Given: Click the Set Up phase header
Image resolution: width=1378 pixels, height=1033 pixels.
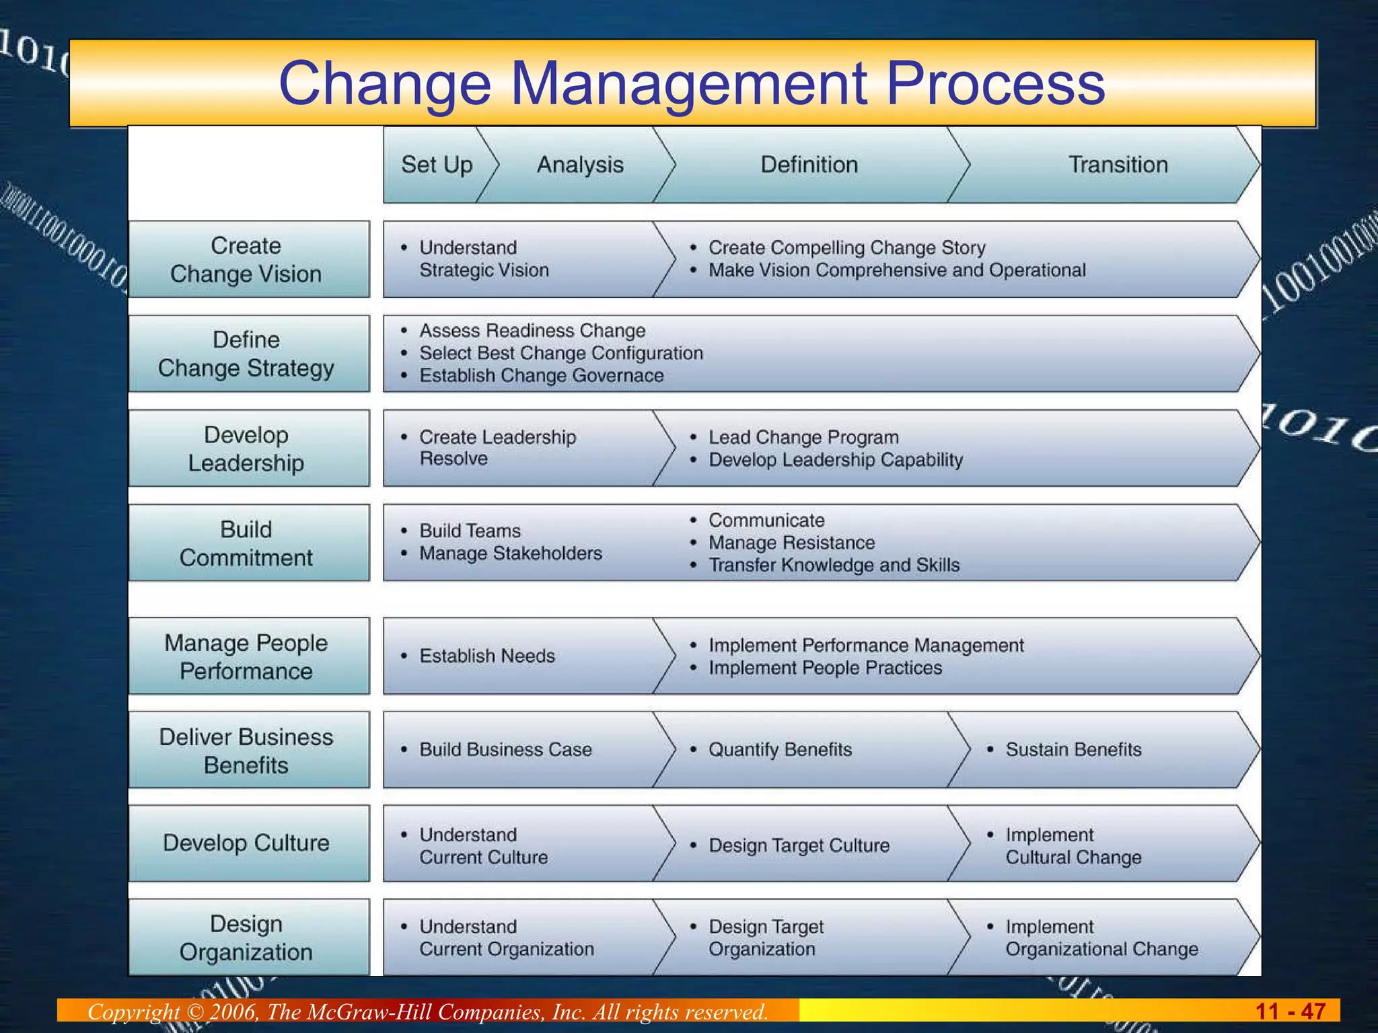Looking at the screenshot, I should click(437, 165).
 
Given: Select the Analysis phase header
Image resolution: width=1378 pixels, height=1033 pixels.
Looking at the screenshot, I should click(580, 165).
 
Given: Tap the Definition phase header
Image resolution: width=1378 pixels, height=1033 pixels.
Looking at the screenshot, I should click(809, 165).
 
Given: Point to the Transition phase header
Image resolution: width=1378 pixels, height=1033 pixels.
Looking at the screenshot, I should click(1118, 165).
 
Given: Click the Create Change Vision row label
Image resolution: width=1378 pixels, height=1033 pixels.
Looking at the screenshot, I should click(246, 260).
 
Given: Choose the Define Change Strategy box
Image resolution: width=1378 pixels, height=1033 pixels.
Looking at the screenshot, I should click(246, 354).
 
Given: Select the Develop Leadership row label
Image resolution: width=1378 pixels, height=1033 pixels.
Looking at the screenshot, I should click(246, 449).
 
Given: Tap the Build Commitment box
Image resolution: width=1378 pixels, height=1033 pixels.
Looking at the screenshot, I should click(246, 543).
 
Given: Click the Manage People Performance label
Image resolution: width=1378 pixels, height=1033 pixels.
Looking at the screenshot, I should click(246, 657).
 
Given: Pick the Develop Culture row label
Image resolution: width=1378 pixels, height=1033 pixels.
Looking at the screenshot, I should click(246, 843).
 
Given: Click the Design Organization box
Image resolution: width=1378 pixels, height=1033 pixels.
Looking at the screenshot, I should click(246, 938).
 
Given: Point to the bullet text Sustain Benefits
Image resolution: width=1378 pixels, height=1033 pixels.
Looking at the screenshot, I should click(1073, 749).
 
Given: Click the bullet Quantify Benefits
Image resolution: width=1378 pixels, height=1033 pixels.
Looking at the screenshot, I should click(780, 749).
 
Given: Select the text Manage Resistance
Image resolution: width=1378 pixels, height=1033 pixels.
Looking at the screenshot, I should click(791, 543).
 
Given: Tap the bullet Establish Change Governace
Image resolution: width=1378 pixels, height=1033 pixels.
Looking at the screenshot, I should click(541, 375).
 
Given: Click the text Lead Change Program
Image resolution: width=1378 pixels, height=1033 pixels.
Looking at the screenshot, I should click(803, 437).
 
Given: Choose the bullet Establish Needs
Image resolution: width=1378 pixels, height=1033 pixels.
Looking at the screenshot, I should click(487, 656).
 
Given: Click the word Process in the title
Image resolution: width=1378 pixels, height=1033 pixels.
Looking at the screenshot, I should click(996, 83).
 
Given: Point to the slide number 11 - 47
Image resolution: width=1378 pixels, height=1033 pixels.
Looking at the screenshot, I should click(1290, 1011).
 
